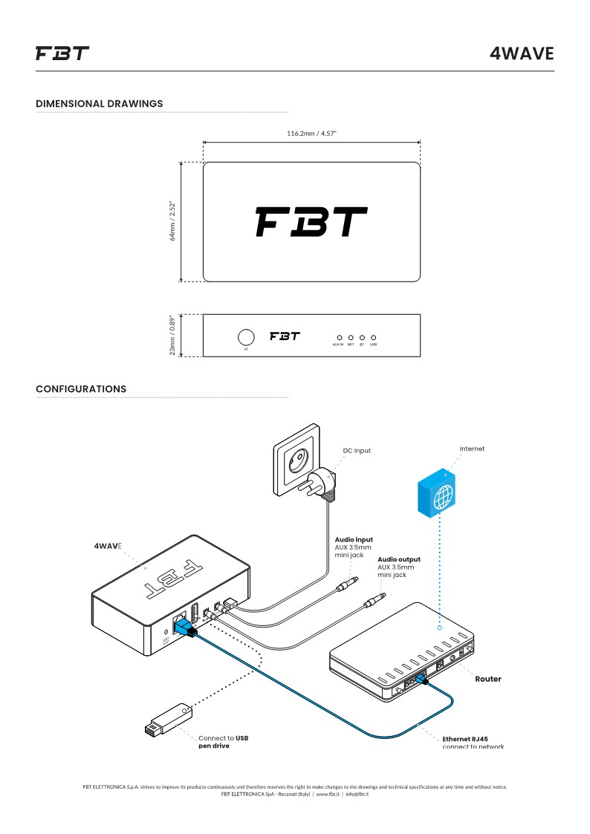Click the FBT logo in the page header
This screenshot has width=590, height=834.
click(x=62, y=53)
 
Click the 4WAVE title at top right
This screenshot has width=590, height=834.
click(x=522, y=53)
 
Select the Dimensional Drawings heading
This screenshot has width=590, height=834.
click(x=99, y=103)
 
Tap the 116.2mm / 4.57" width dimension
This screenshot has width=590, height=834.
click(x=311, y=134)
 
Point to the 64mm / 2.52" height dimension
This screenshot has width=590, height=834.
click(x=172, y=222)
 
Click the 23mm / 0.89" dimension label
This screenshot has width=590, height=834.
click(x=172, y=336)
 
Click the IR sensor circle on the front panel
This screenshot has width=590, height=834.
click(x=246, y=336)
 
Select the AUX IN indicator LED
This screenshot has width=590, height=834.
click(x=339, y=337)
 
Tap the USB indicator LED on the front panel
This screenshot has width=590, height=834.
click(x=373, y=337)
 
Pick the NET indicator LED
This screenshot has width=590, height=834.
click(x=350, y=337)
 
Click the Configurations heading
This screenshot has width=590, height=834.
click(x=81, y=389)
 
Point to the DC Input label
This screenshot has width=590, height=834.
click(x=357, y=451)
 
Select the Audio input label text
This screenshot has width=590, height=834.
click(x=354, y=540)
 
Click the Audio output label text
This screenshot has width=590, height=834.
click(x=398, y=559)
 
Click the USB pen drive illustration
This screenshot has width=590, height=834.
click(x=168, y=720)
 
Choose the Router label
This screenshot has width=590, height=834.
click(x=488, y=679)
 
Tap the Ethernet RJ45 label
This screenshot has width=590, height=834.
click(x=465, y=739)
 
